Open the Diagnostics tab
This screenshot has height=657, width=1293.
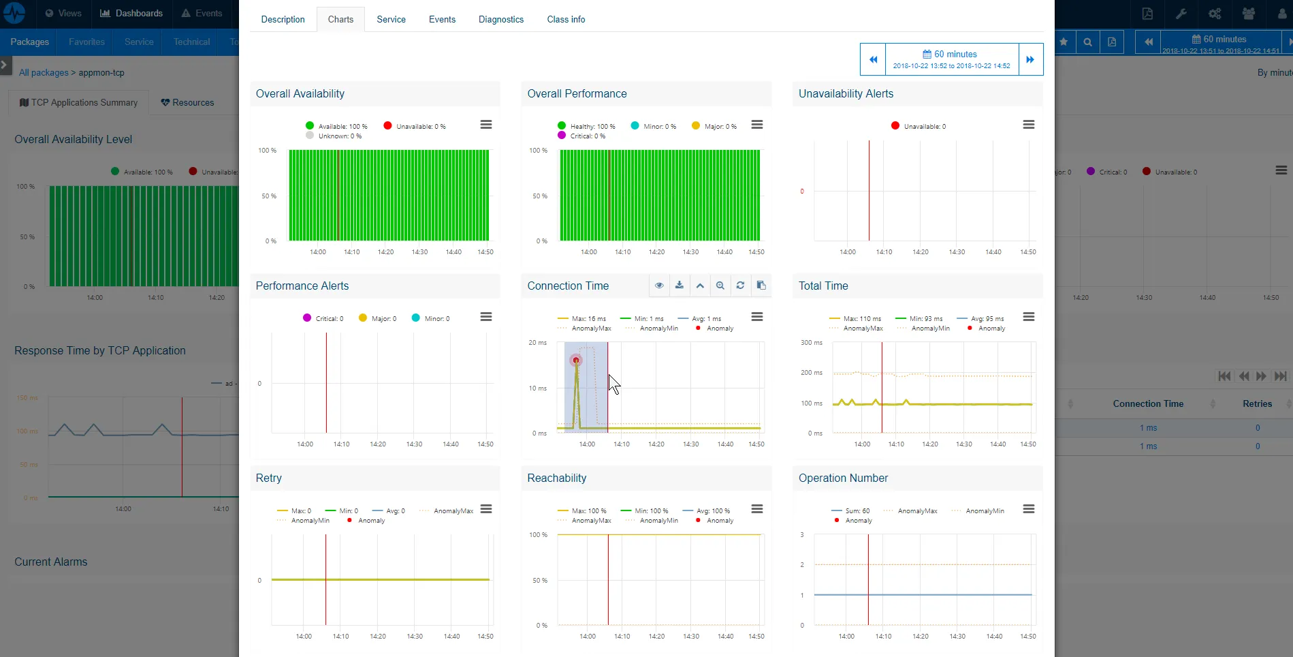(x=500, y=19)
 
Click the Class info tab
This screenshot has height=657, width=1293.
(x=566, y=19)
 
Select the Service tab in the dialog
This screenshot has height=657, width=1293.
(x=391, y=19)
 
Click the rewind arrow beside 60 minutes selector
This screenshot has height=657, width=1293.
(x=873, y=59)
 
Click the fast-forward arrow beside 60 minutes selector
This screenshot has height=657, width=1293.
(x=1030, y=59)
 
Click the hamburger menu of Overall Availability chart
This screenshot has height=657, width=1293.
(x=486, y=125)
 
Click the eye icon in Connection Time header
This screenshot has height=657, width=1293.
(x=659, y=286)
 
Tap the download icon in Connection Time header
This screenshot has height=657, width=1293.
(x=680, y=286)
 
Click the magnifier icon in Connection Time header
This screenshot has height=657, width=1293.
(x=720, y=286)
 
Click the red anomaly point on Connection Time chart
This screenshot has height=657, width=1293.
(x=576, y=360)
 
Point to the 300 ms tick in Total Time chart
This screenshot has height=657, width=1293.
(x=812, y=343)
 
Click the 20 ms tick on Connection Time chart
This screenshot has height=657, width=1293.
(x=537, y=343)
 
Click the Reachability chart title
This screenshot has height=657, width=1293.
(x=556, y=478)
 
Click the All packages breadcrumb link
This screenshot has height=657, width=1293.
(x=44, y=72)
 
